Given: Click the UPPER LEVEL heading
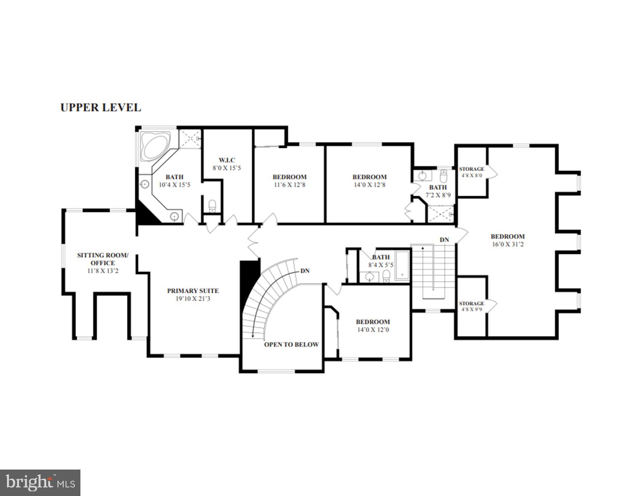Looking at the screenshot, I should coord(101,108).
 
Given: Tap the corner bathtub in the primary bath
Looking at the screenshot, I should coord(155,146).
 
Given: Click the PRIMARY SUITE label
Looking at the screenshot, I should coord(193,291).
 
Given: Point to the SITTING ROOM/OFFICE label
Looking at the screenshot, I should coord(103,259).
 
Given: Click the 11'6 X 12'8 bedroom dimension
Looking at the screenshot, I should coord(289,185).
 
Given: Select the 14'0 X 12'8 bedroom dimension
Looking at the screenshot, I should coord(369,185).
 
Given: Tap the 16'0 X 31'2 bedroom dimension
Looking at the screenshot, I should coord(507,244).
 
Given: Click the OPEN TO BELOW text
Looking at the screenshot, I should coord(291,345).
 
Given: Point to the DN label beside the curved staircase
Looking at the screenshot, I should coord(305,271).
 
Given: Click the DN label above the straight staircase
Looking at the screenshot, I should coord(444,240).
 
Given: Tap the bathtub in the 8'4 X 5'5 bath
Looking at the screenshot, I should coord(402,266).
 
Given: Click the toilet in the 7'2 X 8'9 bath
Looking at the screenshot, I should coord(444,176).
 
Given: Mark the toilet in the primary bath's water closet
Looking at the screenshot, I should coord(212,206).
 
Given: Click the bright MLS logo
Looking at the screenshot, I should coord(40,483).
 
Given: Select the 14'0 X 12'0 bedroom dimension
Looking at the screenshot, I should coord(373,330).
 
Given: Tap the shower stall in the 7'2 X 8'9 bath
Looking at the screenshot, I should coord(440,214).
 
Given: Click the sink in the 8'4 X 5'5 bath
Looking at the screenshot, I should coord(369,277).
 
